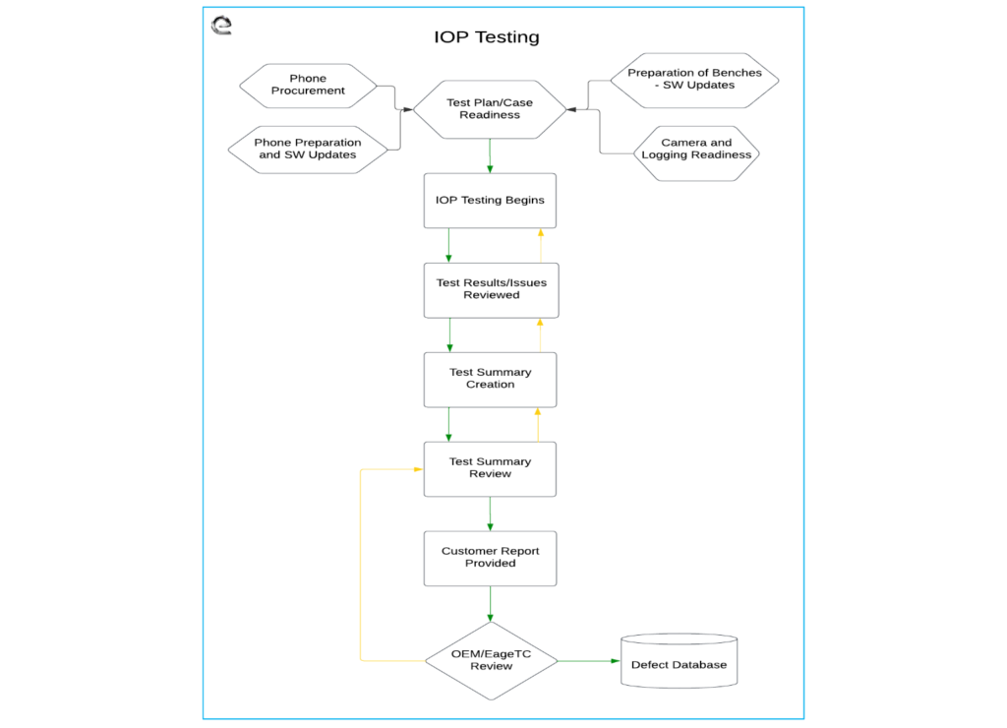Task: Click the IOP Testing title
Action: click(487, 37)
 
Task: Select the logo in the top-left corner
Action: click(222, 25)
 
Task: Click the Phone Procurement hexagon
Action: click(308, 86)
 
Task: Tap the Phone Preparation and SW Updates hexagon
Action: click(308, 150)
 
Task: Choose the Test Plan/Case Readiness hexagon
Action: click(490, 109)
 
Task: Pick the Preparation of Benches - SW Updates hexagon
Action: click(694, 80)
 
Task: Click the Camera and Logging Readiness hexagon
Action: click(696, 150)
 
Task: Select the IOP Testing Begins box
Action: click(490, 201)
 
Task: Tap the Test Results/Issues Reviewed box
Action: click(491, 289)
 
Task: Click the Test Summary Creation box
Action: click(490, 379)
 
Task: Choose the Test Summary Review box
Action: click(490, 468)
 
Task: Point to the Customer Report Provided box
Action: click(490, 558)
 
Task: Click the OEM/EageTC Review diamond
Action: click(491, 660)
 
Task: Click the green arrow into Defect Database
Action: click(590, 661)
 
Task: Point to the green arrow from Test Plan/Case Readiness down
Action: click(490, 155)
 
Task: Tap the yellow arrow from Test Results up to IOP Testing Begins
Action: click(540, 245)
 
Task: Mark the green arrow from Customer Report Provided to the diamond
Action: click(490, 603)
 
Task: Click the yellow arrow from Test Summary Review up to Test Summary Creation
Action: click(538, 424)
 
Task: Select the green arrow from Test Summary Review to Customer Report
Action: click(490, 514)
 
